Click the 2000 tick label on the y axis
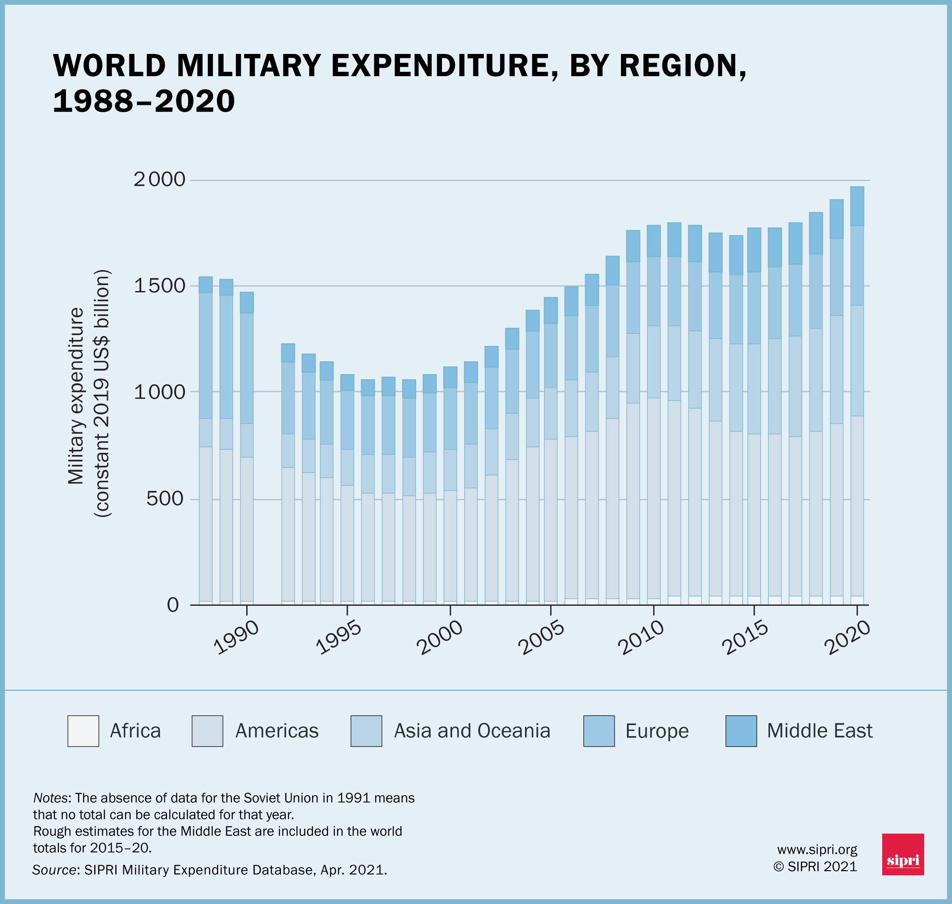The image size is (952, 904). coord(159,179)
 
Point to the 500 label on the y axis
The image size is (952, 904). coord(165,498)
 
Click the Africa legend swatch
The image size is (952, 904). coord(83,731)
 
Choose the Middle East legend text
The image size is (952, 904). coord(819,731)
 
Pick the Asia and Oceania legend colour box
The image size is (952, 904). coord(366,731)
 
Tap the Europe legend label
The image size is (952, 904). coord(657,731)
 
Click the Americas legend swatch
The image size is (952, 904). coord(207,731)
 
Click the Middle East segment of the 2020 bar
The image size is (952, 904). coord(857,206)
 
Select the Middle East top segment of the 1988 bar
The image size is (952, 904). coord(206,284)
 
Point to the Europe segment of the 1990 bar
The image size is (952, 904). coord(247,368)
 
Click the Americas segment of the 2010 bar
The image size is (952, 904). coord(654,497)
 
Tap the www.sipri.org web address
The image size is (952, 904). coord(817,850)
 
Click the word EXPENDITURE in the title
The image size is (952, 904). coord(439,66)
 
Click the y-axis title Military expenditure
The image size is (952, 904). coord(76,395)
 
